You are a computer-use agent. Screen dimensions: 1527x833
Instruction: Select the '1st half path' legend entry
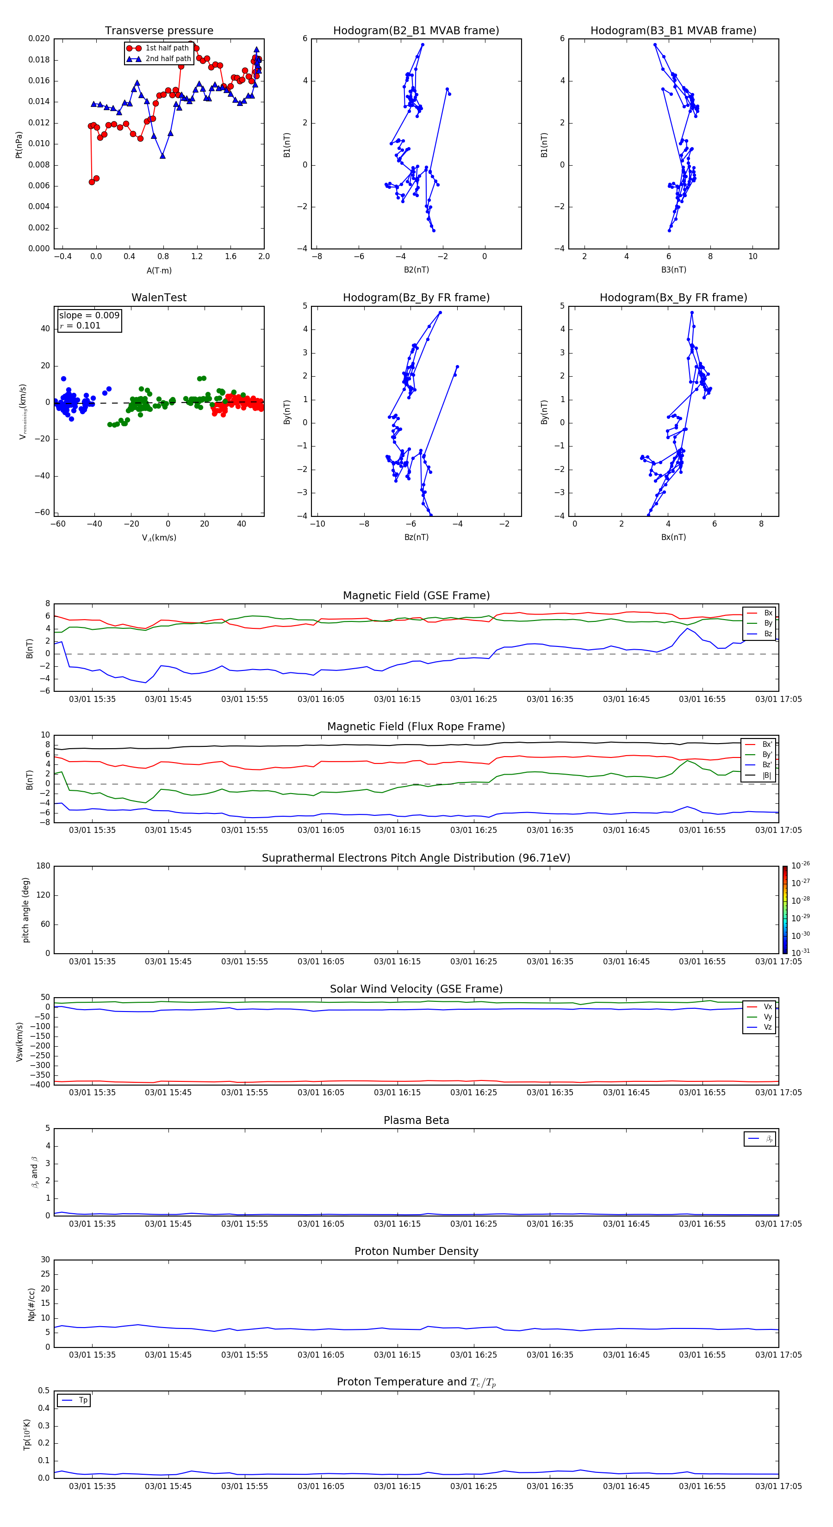click(x=167, y=48)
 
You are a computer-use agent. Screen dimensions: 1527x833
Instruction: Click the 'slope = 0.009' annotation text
click(x=89, y=316)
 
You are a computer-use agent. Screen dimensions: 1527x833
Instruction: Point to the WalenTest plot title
click(x=159, y=298)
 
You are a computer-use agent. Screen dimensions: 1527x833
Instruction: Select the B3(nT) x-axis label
click(x=673, y=270)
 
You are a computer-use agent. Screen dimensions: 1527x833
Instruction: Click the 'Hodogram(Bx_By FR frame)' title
click(x=673, y=298)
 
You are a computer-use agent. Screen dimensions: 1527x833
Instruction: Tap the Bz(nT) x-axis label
click(x=416, y=537)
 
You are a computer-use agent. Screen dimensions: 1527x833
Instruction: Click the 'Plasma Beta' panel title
click(x=416, y=1120)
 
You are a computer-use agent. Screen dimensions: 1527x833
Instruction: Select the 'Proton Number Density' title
click(x=416, y=1251)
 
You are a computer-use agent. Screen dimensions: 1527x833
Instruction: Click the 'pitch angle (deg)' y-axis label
click(x=26, y=910)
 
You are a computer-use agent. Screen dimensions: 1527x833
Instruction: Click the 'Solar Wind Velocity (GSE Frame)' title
click(x=416, y=989)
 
